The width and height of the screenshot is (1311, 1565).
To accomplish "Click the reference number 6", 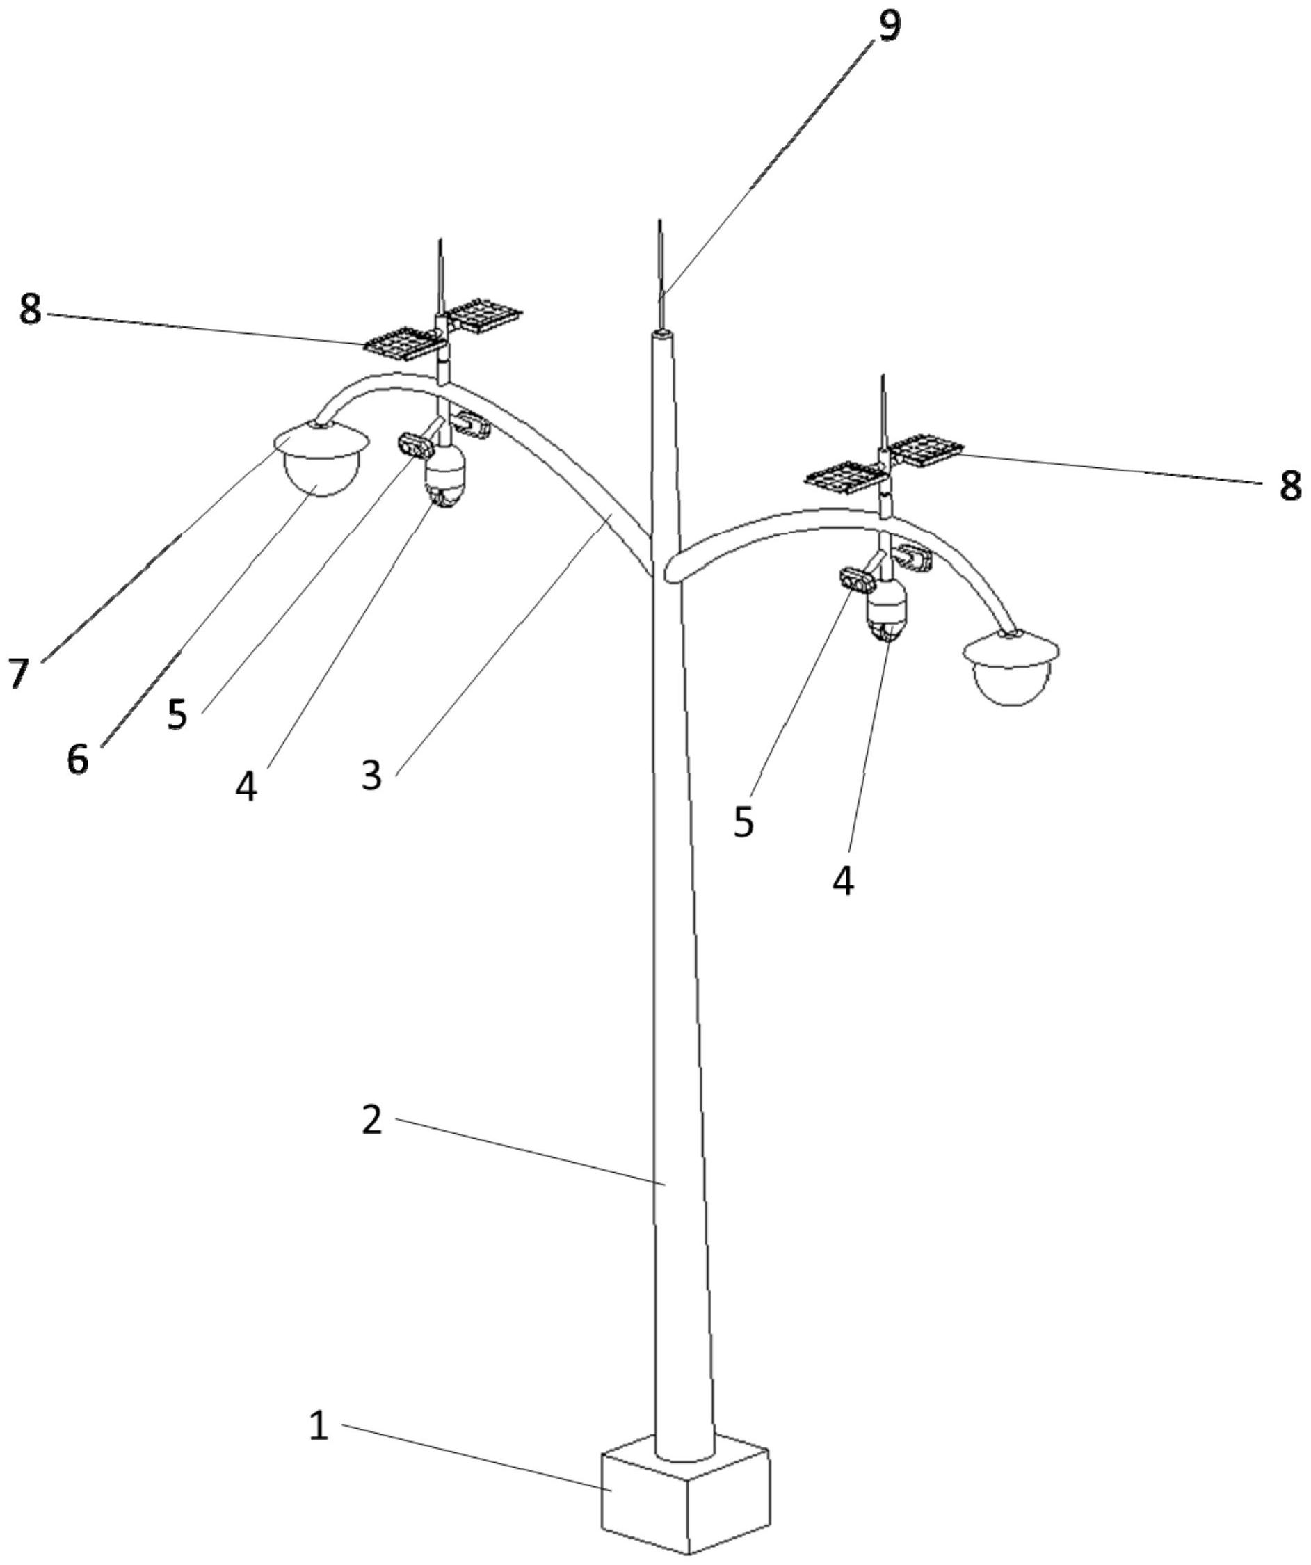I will pos(77,761).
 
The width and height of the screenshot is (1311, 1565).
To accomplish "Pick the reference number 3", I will pos(372,776).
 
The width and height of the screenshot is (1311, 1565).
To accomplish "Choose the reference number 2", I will pos(372,1120).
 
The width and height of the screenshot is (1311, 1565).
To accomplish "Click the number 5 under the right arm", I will pos(743,822).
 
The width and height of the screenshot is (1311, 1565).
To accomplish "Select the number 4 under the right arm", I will pos(843,882).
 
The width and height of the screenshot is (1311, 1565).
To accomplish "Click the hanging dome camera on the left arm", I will pos(445,477).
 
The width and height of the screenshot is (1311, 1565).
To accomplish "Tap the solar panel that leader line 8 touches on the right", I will pos(924,449).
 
